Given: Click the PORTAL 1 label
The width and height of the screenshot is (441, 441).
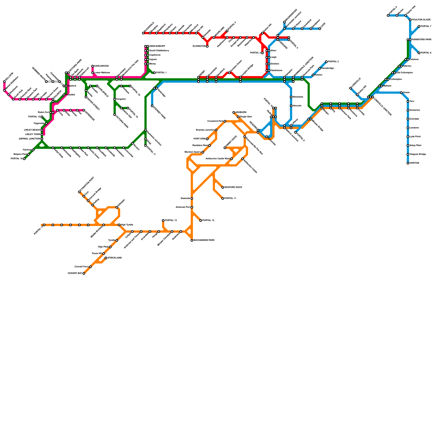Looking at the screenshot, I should [x=161, y=73].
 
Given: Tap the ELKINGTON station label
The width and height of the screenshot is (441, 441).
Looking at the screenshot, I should [x=199, y=46].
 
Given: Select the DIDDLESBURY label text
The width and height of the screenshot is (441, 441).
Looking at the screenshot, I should [x=157, y=46].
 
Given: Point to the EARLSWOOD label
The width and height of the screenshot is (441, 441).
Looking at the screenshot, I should [x=101, y=66].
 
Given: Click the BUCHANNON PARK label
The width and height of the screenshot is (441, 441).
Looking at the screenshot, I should [x=204, y=240].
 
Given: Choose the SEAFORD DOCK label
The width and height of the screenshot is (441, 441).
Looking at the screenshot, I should [x=233, y=187].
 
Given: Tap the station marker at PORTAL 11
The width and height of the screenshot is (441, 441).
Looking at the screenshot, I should [x=223, y=198].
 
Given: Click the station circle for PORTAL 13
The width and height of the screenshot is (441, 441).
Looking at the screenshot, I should [x=163, y=220].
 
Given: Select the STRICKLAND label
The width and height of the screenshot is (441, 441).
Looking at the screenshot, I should [x=115, y=258].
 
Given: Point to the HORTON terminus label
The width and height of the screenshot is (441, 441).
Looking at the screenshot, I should [x=414, y=163].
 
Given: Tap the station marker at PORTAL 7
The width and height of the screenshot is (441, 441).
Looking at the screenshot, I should [x=419, y=26].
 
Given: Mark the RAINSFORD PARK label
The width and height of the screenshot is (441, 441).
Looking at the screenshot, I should [x=422, y=40].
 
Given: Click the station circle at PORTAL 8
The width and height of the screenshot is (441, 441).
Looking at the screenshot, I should [x=419, y=53].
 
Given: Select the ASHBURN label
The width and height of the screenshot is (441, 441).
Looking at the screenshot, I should [x=241, y=112].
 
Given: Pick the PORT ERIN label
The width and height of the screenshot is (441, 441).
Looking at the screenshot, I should [x=200, y=139].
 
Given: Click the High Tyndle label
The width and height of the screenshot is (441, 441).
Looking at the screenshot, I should [x=127, y=225].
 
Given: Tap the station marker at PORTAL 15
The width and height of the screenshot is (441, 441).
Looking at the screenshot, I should [x=201, y=220].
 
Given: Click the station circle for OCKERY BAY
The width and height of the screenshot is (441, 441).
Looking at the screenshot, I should [x=84, y=273].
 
